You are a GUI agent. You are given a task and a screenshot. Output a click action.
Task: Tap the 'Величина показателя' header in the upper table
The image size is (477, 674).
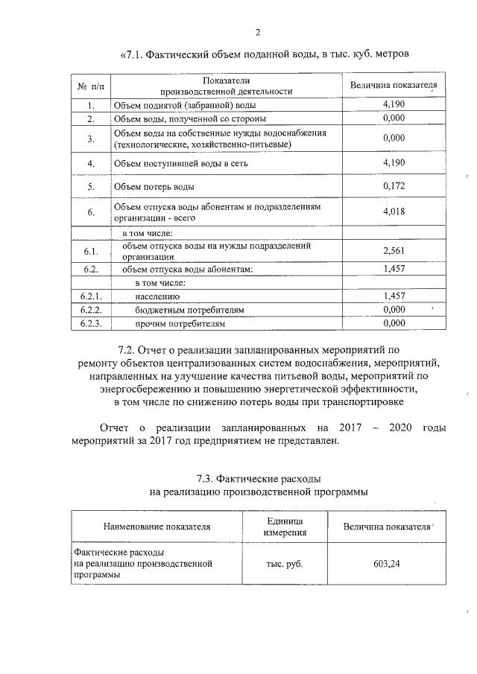point(394,86)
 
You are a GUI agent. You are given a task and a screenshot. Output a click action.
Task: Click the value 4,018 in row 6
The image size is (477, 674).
point(393,212)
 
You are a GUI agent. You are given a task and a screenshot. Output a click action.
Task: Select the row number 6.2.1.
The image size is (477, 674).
point(90,296)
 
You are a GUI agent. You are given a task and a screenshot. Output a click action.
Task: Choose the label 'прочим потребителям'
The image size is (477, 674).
point(180,323)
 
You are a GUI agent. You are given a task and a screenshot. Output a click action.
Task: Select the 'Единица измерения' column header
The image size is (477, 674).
point(284,526)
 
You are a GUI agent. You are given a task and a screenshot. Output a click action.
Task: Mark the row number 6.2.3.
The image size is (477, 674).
point(90,323)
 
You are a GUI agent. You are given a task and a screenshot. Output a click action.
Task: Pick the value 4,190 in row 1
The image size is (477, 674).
point(393,105)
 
